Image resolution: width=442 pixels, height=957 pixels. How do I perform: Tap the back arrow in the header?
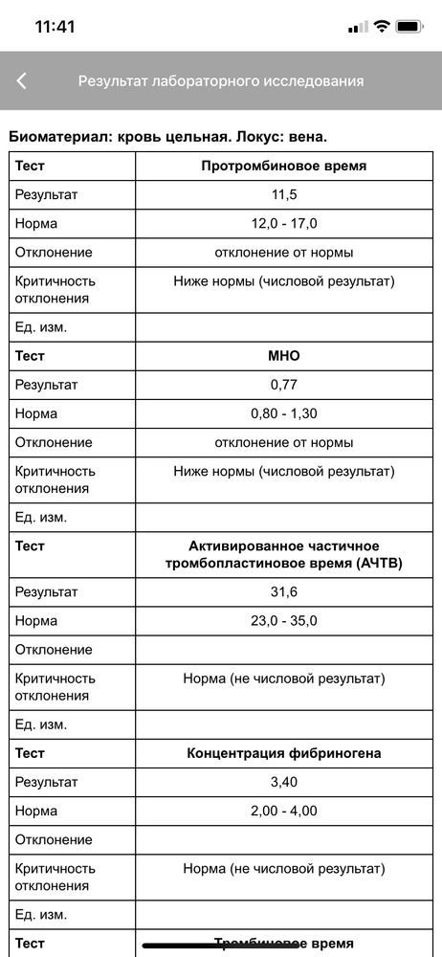22,81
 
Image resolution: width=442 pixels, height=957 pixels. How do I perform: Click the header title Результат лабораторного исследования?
220,81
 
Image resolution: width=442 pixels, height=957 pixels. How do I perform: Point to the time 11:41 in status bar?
55,27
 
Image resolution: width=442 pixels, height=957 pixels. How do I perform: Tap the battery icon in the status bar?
410,27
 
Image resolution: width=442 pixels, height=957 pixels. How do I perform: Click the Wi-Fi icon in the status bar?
382,27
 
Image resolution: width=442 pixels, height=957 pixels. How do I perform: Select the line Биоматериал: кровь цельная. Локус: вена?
168,137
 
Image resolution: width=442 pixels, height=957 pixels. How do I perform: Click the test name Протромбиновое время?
284,166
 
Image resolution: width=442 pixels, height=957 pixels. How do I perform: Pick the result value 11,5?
284,194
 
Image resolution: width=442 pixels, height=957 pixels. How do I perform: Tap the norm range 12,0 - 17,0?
284,223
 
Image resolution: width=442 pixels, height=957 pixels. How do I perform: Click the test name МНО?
284,356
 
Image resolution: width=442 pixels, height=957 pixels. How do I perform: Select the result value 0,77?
284,385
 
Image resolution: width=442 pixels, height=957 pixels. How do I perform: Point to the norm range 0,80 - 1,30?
284,413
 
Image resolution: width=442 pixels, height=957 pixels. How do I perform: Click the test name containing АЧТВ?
284,554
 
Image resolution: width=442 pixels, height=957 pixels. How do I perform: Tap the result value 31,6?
284,591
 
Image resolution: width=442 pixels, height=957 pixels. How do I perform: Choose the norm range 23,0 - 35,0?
284,620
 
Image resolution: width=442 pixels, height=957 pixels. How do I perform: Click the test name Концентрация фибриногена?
284,753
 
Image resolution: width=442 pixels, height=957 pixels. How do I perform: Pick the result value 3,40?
284,782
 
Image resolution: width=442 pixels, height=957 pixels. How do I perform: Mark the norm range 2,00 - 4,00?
284,811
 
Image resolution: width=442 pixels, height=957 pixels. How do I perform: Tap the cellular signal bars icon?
358,27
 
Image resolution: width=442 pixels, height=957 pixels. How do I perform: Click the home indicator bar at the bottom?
221,946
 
